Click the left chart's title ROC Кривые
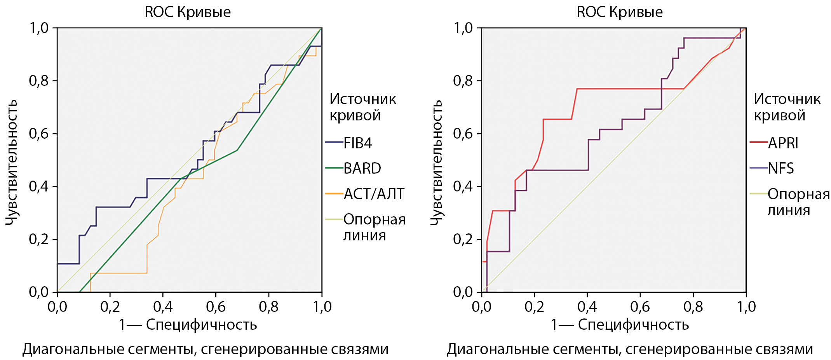coord(188,12)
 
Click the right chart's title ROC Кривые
coord(620,12)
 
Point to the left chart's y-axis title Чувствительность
coord(12,162)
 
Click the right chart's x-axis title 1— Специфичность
coord(620,325)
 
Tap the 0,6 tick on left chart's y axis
coord(38,134)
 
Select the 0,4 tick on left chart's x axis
coord(163,307)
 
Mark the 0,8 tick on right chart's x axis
coord(693,307)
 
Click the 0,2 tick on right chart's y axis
coord(463,239)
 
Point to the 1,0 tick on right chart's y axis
coord(463,28)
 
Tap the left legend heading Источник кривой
coord(362,107)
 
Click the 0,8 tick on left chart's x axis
coord(268,307)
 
